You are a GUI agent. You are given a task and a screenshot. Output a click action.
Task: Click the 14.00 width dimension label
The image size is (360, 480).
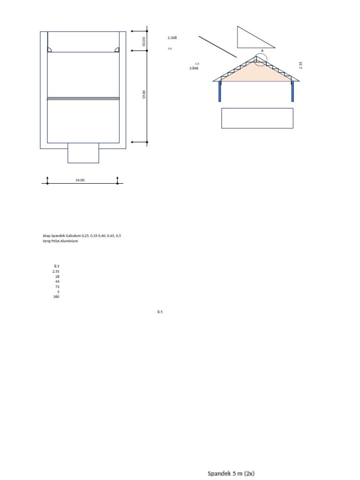click(80, 180)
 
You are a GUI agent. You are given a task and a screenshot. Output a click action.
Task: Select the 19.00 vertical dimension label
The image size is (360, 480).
click(144, 95)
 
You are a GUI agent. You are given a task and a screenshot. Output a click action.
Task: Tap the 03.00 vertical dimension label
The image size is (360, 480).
click(144, 41)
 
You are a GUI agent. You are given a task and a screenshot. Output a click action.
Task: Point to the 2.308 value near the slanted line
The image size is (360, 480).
click(172, 37)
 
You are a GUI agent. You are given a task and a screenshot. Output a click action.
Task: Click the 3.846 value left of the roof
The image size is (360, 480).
click(194, 68)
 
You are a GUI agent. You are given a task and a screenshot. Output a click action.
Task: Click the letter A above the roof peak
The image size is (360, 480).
click(262, 50)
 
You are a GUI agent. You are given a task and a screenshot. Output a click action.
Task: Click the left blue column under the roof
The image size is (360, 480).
click(219, 91)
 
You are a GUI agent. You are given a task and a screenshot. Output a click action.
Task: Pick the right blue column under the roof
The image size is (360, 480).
click(292, 91)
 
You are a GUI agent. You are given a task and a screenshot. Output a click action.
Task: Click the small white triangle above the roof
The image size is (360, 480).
click(251, 40)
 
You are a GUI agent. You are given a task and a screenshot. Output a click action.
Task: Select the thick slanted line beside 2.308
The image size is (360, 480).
click(217, 46)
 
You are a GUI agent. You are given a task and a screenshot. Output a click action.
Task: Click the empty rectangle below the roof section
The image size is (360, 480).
click(257, 118)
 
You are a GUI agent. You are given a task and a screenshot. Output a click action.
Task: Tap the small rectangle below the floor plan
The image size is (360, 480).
click(83, 153)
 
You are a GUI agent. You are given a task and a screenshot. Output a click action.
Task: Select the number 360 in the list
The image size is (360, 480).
click(56, 297)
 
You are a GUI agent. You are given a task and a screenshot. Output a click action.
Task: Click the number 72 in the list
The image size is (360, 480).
click(57, 286)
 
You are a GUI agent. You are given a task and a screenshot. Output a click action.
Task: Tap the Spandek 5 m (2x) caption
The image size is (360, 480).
click(231, 473)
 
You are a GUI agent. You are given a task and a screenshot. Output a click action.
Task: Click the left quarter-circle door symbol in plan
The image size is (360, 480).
click(49, 50)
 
